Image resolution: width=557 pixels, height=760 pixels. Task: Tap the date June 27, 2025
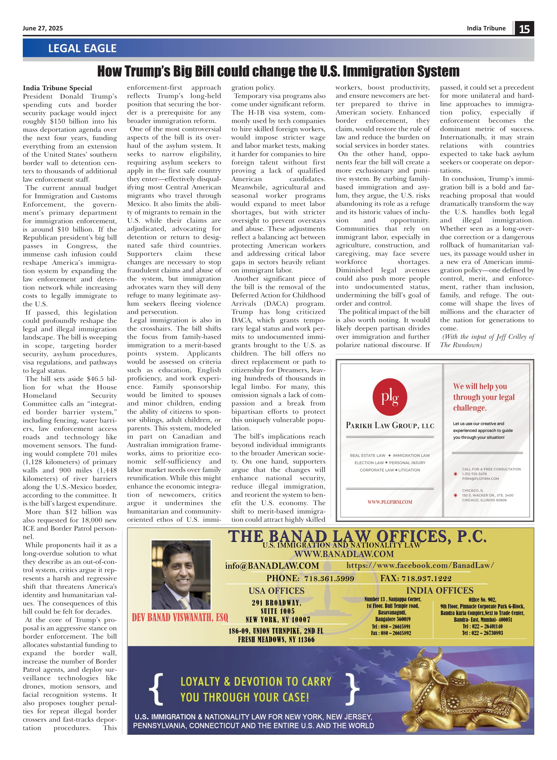(43, 28)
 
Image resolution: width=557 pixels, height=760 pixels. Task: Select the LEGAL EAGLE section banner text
(82, 48)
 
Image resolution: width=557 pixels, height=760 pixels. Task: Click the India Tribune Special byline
(57, 88)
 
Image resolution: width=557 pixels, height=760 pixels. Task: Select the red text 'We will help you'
(480, 386)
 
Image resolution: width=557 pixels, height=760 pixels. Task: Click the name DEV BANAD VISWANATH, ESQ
(180, 618)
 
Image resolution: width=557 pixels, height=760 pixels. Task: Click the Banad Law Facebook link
(420, 565)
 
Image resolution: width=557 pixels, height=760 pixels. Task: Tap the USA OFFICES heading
(276, 591)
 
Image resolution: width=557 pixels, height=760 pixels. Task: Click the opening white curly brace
(156, 689)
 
